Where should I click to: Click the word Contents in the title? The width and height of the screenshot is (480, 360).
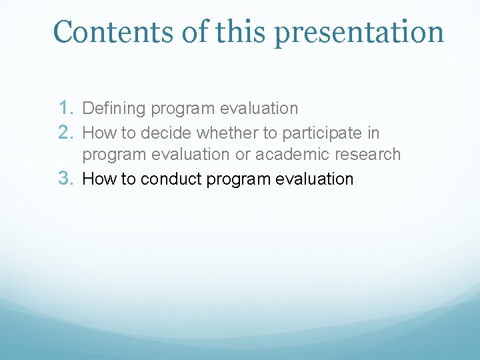(113, 31)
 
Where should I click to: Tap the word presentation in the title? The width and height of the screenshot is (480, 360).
(359, 34)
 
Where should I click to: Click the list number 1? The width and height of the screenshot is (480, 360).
(66, 108)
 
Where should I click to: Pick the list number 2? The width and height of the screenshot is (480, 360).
(66, 133)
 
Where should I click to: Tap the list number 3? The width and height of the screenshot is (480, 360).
(66, 178)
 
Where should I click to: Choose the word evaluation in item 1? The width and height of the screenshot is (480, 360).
(259, 108)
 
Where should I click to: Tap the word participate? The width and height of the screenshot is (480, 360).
(322, 134)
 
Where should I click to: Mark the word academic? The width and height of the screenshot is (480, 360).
(292, 154)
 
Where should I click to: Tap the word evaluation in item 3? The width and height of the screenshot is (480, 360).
(315, 179)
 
